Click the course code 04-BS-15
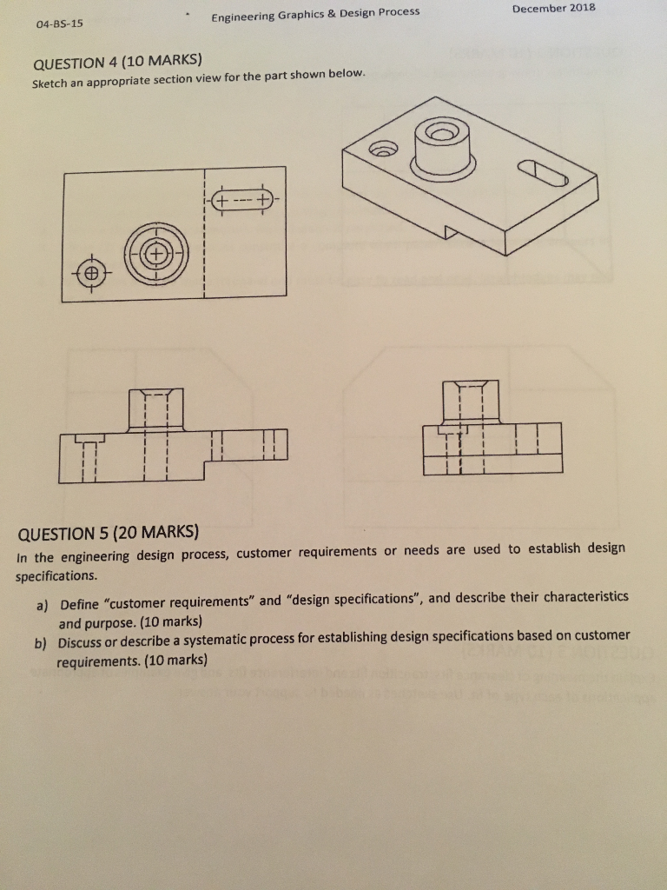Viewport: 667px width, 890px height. pos(60,23)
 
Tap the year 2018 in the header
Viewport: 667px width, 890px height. pos(578,8)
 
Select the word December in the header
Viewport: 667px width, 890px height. pos(537,8)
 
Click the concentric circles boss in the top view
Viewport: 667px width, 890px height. pos(155,256)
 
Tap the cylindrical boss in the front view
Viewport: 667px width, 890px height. pos(155,408)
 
